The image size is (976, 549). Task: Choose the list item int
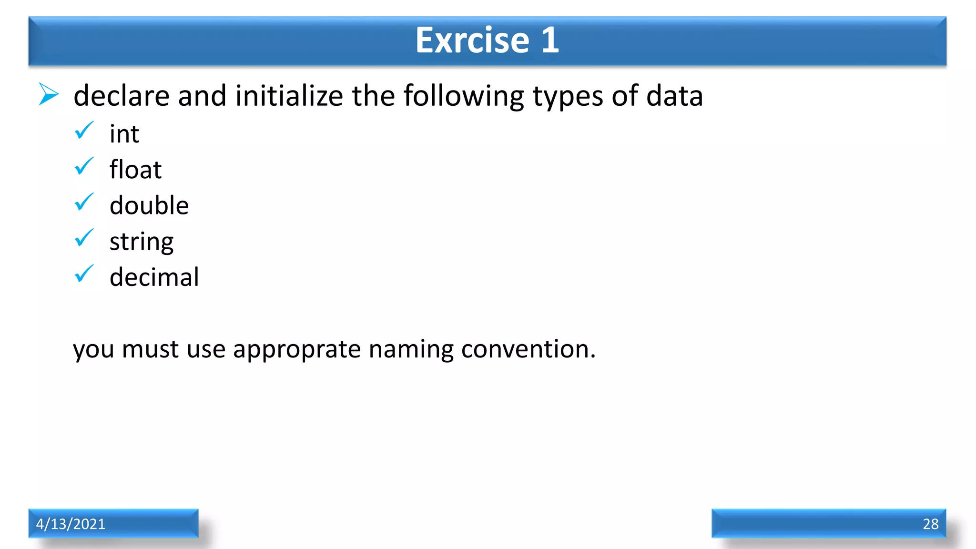(124, 134)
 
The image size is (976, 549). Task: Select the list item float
(135, 170)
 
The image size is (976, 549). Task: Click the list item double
(149, 205)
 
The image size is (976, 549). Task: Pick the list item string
(142, 242)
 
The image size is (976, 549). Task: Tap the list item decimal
(154, 277)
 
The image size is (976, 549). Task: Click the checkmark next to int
(84, 130)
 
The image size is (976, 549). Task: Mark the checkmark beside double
(84, 202)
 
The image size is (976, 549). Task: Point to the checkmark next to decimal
(84, 274)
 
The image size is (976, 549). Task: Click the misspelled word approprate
(297, 350)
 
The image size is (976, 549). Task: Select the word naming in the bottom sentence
(411, 350)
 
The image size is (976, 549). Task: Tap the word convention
(528, 349)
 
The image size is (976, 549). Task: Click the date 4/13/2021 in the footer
(71, 524)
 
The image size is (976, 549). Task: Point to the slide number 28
(930, 524)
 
